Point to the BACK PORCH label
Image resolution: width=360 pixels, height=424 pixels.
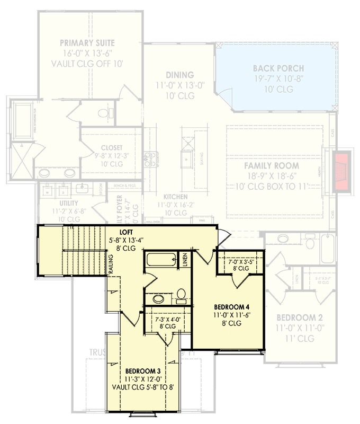pos(278,68)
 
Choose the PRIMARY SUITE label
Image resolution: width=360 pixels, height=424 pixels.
pos(87,43)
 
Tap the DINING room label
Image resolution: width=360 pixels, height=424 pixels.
pos(179,75)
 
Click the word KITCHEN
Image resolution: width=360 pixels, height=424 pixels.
pos(175,196)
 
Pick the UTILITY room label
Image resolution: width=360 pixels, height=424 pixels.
pos(66,203)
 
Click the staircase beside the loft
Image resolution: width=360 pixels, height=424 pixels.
pos(82,249)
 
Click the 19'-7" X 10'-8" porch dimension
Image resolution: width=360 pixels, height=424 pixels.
pos(278,79)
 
